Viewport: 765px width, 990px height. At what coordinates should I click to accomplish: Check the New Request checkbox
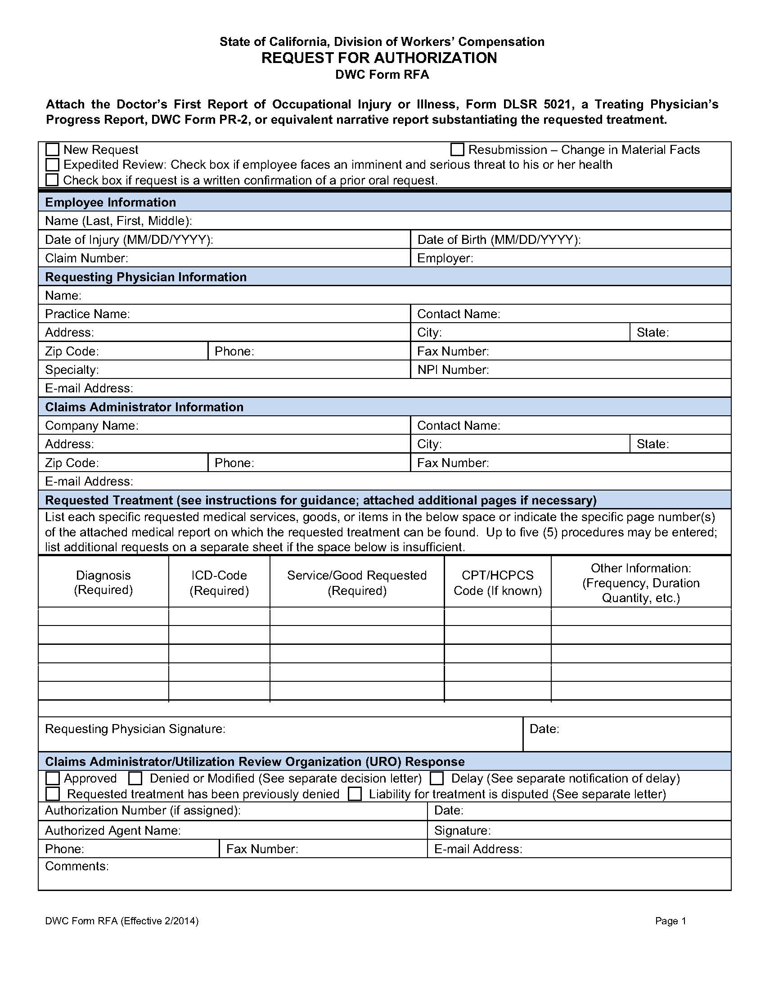tap(53, 149)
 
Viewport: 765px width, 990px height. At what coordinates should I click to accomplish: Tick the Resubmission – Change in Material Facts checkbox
tap(457, 149)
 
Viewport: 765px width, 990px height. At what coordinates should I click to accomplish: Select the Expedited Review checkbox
tap(53, 164)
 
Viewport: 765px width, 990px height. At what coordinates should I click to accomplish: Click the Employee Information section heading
tap(110, 202)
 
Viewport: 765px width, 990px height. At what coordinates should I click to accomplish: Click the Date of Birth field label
tap(499, 239)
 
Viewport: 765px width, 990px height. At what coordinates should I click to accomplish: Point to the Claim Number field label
tap(86, 258)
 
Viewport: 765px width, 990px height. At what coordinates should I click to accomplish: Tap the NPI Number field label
tap(453, 369)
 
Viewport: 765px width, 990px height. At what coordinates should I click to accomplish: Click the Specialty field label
tap(72, 369)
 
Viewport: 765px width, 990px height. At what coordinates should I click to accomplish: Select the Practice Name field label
tap(87, 314)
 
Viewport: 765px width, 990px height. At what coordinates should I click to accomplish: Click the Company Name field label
tap(91, 425)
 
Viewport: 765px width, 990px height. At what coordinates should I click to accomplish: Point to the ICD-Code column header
tap(219, 582)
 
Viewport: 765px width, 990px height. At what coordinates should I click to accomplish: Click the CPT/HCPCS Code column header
tap(498, 582)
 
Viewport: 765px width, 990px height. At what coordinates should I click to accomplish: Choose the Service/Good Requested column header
tap(357, 582)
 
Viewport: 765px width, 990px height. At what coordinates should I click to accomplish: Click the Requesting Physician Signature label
tap(135, 729)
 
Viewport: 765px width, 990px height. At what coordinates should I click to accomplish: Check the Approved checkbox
tap(53, 778)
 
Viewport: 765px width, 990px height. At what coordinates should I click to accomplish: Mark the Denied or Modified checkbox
tap(135, 778)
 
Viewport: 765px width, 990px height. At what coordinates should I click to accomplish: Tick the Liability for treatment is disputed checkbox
tap(355, 794)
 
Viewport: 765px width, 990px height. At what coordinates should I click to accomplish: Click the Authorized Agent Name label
tap(113, 830)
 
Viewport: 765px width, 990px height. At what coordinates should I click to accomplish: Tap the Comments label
tap(76, 866)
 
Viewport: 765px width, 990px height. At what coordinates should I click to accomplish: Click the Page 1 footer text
tap(670, 921)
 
